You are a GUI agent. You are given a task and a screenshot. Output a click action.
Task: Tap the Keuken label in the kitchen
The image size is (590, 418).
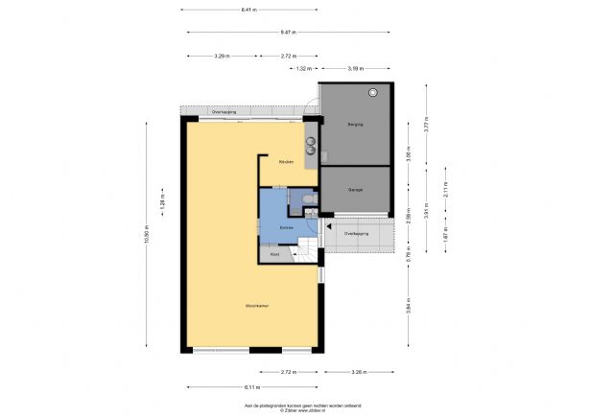pos(285,162)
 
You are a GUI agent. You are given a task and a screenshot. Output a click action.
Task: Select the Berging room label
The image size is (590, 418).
pos(356,125)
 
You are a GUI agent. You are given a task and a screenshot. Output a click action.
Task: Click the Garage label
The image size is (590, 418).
pos(356,190)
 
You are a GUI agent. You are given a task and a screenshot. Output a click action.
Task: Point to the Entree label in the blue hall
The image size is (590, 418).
pos(286,226)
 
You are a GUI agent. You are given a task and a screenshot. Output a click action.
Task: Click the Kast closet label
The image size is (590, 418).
pos(274,255)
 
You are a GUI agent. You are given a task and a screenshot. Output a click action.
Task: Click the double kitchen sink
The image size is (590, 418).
pos(312,146)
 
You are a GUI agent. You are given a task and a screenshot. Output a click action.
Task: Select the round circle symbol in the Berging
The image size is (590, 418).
pos(374,92)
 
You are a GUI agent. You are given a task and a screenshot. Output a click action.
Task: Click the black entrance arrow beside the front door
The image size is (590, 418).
pos(329,227)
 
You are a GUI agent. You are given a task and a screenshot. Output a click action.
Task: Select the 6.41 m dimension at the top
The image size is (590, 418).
pos(248,10)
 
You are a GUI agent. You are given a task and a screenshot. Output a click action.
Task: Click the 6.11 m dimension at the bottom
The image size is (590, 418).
pos(251,387)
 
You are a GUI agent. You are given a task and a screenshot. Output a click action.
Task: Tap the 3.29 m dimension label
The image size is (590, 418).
pos(221,56)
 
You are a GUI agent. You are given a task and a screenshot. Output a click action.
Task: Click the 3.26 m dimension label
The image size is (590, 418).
pos(357,371)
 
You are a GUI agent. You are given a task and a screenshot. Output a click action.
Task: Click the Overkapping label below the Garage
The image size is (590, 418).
pos(357,234)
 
